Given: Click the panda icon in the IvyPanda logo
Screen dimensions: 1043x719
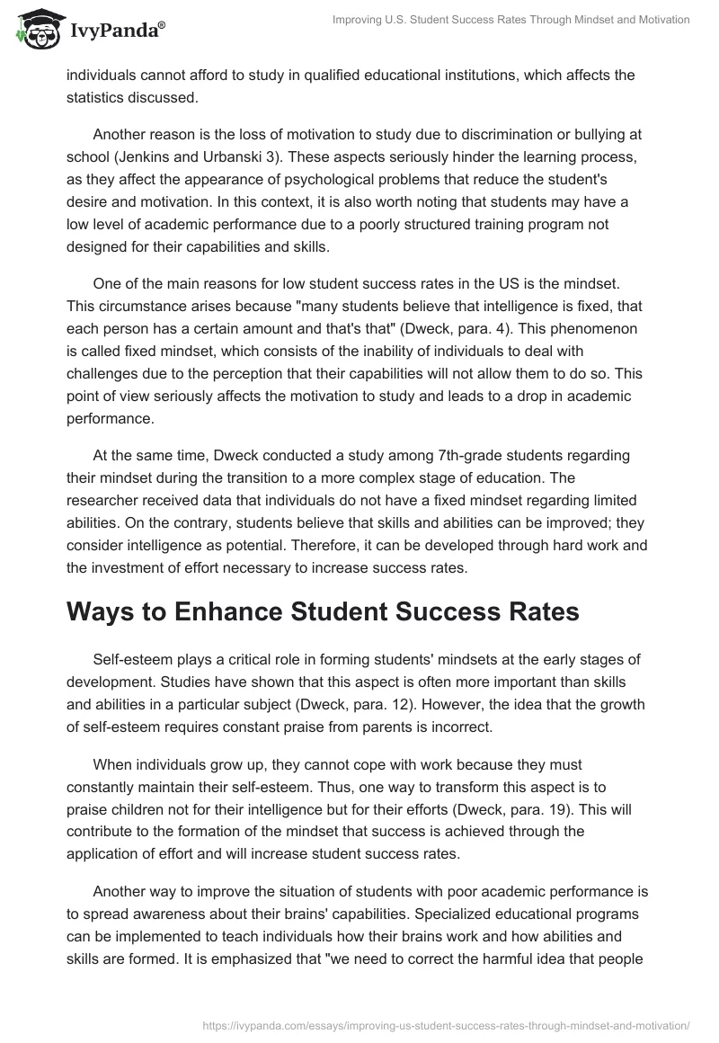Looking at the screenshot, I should [x=36, y=29].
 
